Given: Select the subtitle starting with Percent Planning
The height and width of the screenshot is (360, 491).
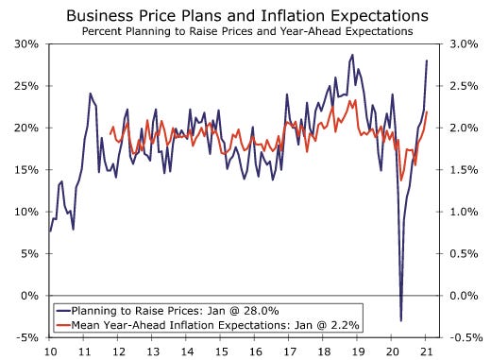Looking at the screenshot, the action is [x=247, y=31].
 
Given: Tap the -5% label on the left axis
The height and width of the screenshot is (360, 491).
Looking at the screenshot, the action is [x=27, y=337].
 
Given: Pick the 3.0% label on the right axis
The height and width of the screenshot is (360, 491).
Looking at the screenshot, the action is [x=464, y=43].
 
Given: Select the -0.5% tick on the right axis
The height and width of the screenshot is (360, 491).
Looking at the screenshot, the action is [x=466, y=337].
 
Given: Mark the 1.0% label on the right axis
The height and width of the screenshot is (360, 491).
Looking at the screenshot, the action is [x=464, y=212].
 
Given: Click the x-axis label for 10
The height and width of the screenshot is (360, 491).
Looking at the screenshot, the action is [x=50, y=351].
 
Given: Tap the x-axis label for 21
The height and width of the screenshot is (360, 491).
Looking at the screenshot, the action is [x=426, y=351].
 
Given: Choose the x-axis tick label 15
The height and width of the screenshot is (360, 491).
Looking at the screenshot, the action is [x=221, y=351].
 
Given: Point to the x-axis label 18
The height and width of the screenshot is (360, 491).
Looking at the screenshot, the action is [x=323, y=351].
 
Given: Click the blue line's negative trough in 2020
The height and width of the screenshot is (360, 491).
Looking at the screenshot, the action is [x=401, y=320].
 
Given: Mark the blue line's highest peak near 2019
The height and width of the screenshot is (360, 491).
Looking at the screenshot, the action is [x=352, y=55].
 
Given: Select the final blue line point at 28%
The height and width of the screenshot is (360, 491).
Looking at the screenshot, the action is [x=427, y=60].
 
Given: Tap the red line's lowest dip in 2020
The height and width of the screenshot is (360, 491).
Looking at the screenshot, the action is [x=401, y=180].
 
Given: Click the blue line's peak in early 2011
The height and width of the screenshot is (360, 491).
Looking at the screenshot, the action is [x=90, y=94].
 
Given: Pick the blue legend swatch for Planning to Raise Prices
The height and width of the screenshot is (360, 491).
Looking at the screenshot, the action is [x=63, y=311].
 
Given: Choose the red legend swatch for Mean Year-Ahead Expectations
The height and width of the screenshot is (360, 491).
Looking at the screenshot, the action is [x=63, y=324].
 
